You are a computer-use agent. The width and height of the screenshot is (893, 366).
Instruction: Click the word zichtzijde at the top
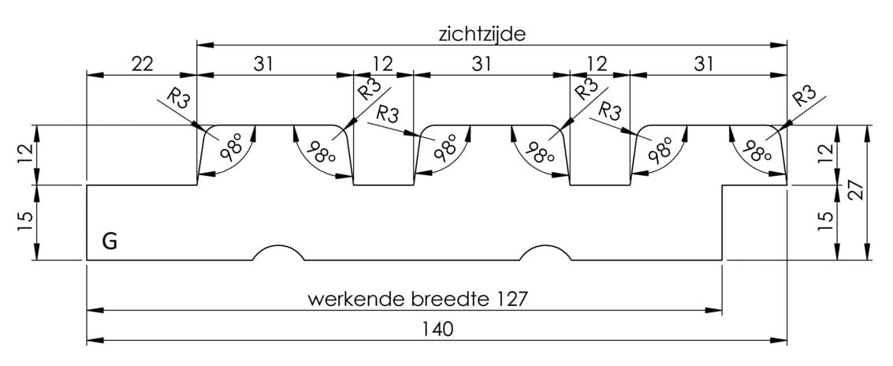482,34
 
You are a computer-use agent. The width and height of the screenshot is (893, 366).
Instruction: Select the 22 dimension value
143,65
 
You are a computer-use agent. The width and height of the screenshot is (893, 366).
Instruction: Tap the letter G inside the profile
110,241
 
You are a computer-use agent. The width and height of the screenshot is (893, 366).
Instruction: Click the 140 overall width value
438,329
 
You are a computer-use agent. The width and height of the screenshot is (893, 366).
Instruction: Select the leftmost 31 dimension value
264,65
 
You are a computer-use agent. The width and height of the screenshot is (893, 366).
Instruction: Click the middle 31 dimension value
482,65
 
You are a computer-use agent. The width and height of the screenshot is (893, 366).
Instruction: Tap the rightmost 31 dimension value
704,65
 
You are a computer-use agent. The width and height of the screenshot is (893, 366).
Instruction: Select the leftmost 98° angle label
229,150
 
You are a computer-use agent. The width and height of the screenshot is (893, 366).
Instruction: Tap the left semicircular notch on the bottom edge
278,246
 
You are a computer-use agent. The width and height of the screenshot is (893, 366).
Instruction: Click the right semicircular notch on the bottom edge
545,246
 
